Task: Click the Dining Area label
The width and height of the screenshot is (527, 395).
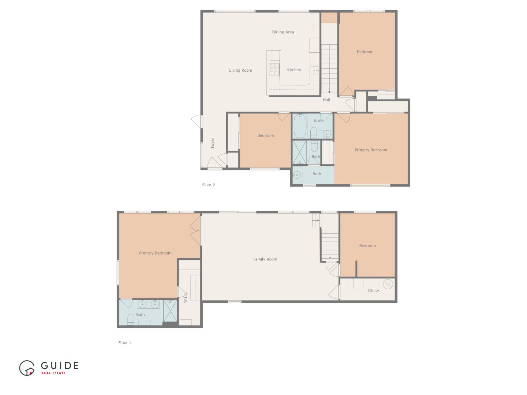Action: click(x=283, y=32)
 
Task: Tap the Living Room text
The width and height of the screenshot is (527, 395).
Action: click(x=240, y=71)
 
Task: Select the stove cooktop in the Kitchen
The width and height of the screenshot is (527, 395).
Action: click(x=274, y=69)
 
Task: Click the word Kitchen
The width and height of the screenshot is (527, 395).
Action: click(x=294, y=70)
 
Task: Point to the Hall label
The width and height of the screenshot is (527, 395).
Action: click(x=326, y=100)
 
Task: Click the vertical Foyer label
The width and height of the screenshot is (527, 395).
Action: click(x=213, y=143)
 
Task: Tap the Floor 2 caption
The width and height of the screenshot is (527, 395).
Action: click(x=209, y=185)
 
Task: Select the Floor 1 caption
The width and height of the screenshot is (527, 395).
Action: click(x=124, y=343)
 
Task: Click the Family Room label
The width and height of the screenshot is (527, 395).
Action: click(x=265, y=259)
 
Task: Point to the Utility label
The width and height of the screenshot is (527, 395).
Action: click(x=373, y=290)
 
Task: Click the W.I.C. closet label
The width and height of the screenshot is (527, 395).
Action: click(x=185, y=297)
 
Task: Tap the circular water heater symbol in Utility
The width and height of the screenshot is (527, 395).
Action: click(x=388, y=284)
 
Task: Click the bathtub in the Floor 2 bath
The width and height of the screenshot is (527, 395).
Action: click(x=299, y=126)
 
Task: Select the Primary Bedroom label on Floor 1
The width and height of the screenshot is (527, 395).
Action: click(x=155, y=253)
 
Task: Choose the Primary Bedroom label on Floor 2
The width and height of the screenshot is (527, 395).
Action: click(x=371, y=150)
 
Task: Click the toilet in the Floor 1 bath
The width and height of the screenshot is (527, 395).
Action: click(x=131, y=320)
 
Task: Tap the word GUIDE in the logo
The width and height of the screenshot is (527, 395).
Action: click(x=60, y=365)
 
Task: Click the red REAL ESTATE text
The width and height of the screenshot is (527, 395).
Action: click(x=53, y=373)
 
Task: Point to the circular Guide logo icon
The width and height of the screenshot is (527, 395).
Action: click(x=27, y=368)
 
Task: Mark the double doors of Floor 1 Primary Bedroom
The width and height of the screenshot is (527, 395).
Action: click(x=195, y=230)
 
